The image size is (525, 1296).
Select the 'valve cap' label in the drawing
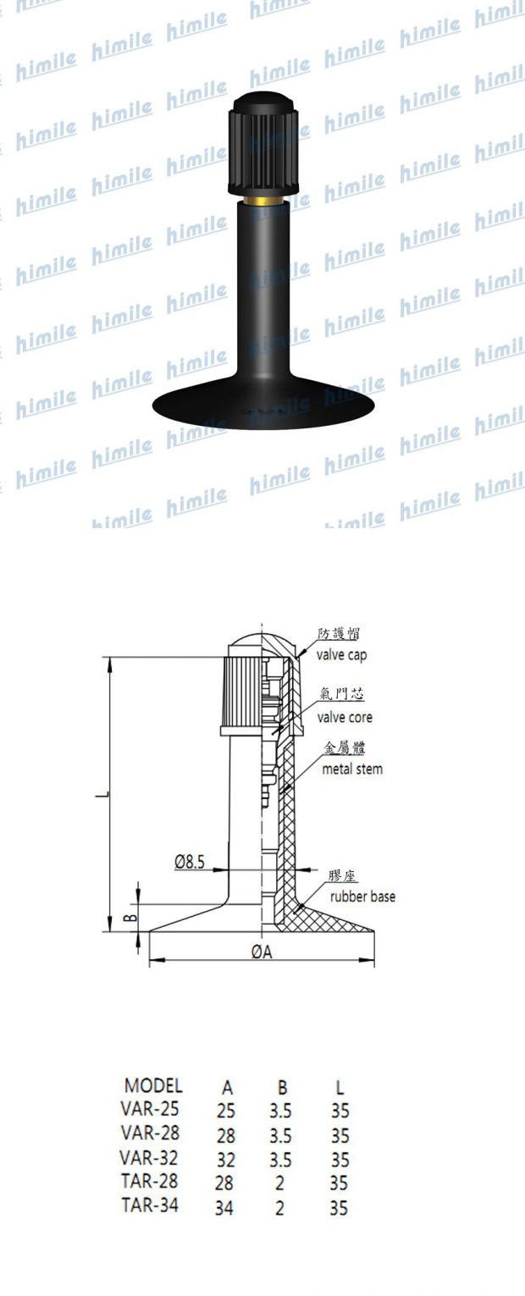tap(342, 654)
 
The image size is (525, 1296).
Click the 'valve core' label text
tap(345, 717)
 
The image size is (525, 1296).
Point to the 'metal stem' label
tap(352, 769)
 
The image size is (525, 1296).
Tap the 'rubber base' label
tap(362, 896)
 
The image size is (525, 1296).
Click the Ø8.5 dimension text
tap(189, 862)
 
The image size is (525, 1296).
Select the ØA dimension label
tap(262, 952)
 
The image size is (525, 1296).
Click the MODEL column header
tap(152, 1086)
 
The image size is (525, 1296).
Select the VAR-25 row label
tap(150, 1109)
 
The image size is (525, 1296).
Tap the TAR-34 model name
tap(150, 1206)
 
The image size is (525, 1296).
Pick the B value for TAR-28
tap(280, 1183)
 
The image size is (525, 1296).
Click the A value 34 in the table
tap(224, 1209)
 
